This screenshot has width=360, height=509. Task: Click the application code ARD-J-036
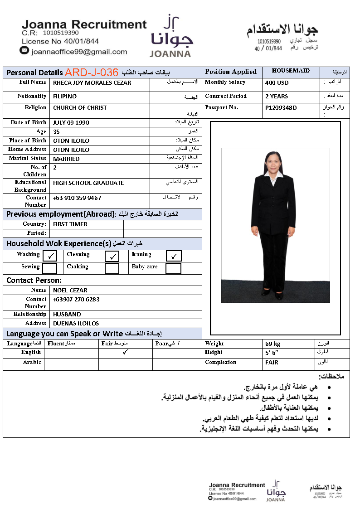click(x=91, y=73)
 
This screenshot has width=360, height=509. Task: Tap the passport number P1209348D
click(x=281, y=108)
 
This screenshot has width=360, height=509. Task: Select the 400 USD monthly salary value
click(x=277, y=83)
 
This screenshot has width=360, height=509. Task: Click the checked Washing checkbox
click(x=50, y=257)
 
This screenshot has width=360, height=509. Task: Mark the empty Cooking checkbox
click(x=112, y=268)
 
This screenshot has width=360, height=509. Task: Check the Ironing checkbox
click(x=174, y=257)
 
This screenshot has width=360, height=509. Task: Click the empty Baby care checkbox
click(x=173, y=268)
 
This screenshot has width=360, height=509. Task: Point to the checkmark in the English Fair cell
click(x=126, y=352)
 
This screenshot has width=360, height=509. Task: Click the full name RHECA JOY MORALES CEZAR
click(x=92, y=83)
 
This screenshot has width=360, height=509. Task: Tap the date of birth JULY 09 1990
click(x=71, y=123)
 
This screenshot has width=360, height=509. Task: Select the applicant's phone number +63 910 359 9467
click(x=77, y=198)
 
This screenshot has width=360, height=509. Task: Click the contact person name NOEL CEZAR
click(x=70, y=291)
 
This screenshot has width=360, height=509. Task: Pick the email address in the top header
click(x=79, y=52)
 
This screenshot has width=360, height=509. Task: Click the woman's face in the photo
click(x=273, y=163)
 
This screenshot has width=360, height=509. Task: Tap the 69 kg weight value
click(x=273, y=344)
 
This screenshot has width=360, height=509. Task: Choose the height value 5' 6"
click(x=272, y=353)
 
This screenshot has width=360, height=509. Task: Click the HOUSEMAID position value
click(x=291, y=71)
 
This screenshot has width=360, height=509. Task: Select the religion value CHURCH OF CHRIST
click(x=80, y=108)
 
